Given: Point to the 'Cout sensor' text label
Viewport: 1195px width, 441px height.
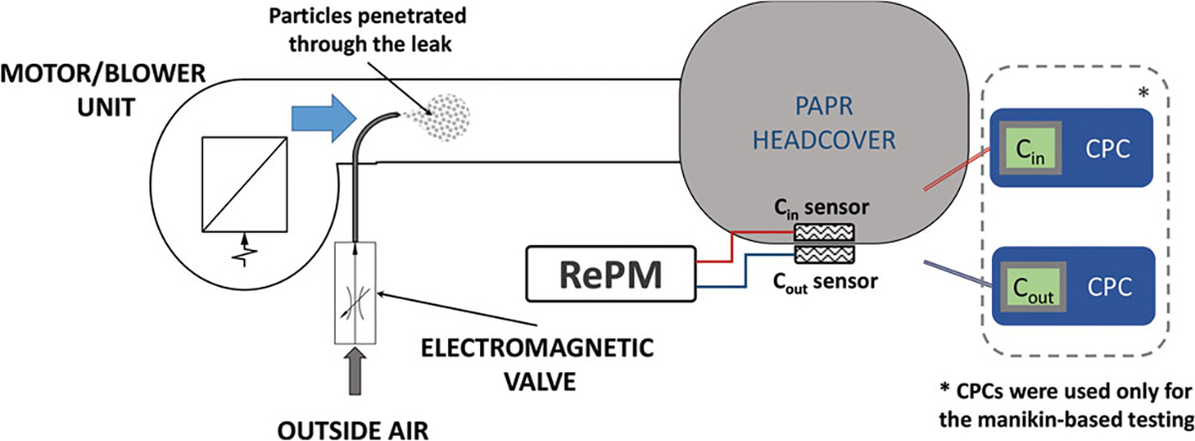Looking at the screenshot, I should pos(822,282).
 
